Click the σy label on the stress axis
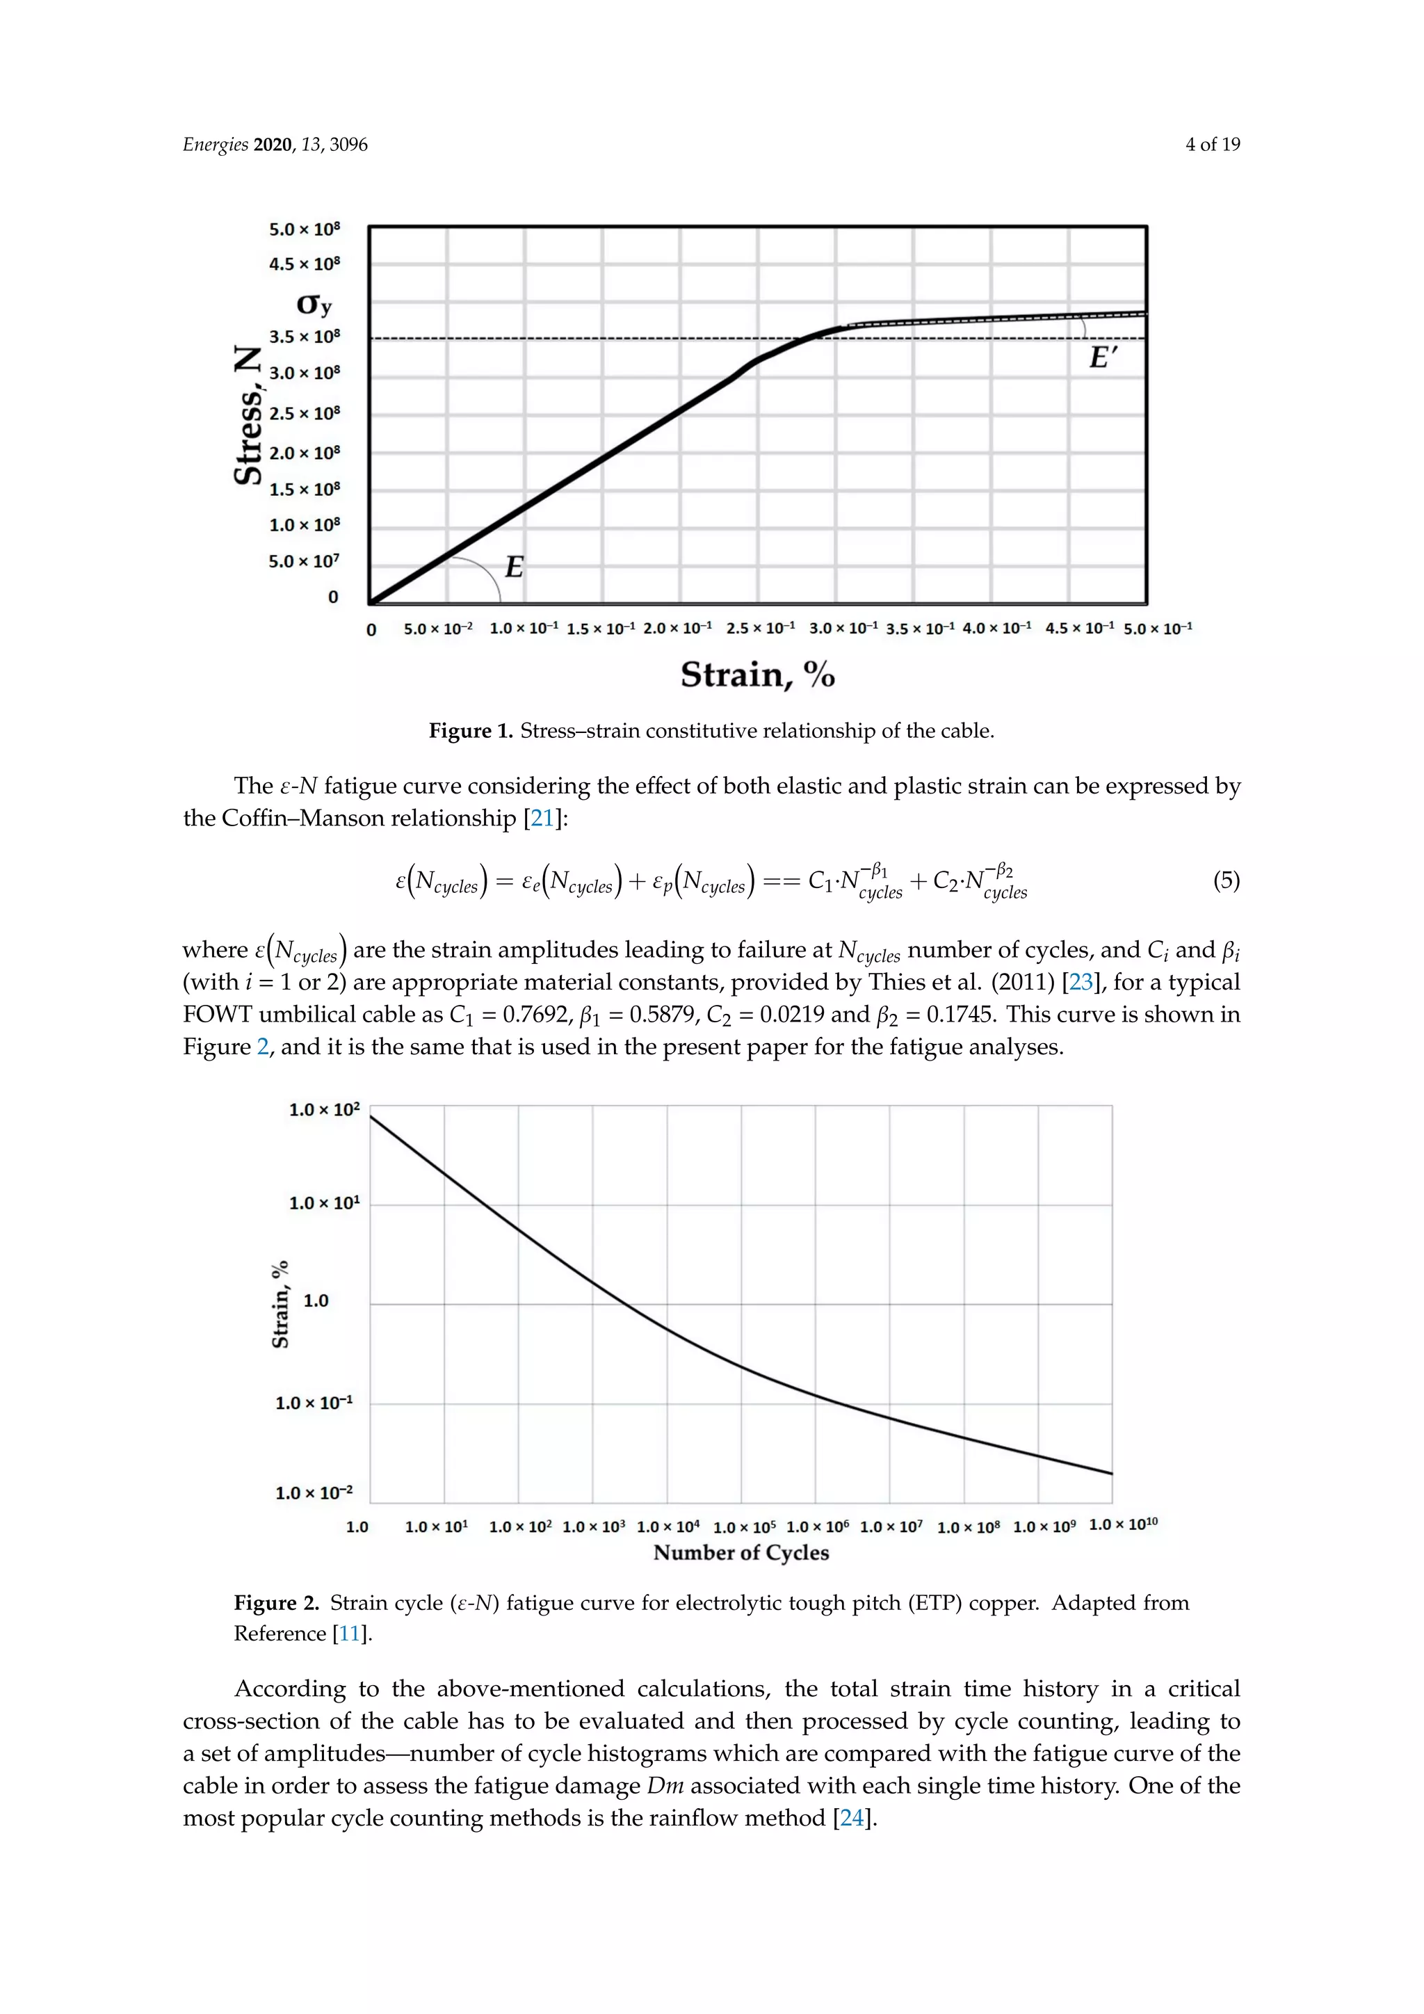pyautogui.click(x=314, y=305)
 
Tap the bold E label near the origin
pyautogui.click(x=515, y=567)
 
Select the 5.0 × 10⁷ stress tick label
pyautogui.click(x=303, y=561)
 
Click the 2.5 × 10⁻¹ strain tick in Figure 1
pyautogui.click(x=760, y=628)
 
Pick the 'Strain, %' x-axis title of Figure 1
pyautogui.click(x=758, y=675)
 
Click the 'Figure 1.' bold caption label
pyautogui.click(x=470, y=731)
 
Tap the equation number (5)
pyautogui.click(x=1226, y=880)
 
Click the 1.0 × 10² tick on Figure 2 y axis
pyautogui.click(x=325, y=1110)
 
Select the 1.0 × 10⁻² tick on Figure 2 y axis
pyautogui.click(x=314, y=1493)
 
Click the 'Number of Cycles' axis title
pyautogui.click(x=741, y=1553)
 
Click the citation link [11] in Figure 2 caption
pyautogui.click(x=350, y=1634)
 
